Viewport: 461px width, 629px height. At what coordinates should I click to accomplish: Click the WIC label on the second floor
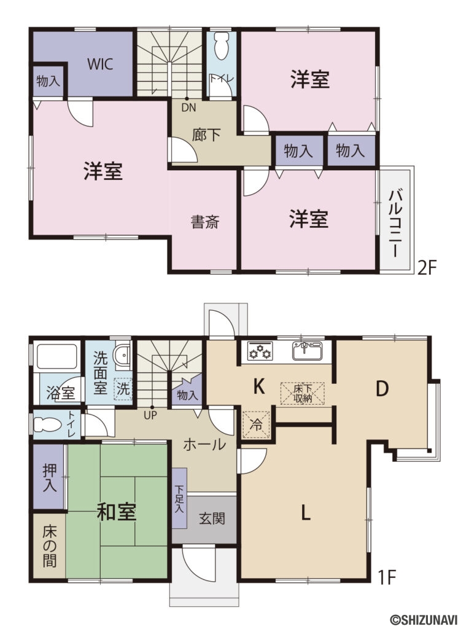coord(100,64)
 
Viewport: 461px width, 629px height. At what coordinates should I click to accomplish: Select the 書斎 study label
coord(205,221)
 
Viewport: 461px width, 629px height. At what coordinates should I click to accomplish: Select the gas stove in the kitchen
coord(259,352)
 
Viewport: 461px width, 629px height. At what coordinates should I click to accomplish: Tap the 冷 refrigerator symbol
coord(256,424)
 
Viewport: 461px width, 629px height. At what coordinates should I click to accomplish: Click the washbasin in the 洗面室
coord(122,354)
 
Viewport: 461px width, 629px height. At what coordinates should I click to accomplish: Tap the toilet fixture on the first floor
coord(47,424)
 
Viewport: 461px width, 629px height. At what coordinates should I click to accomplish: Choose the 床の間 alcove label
coord(48,545)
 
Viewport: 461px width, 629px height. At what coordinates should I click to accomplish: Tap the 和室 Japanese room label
coord(117,512)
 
